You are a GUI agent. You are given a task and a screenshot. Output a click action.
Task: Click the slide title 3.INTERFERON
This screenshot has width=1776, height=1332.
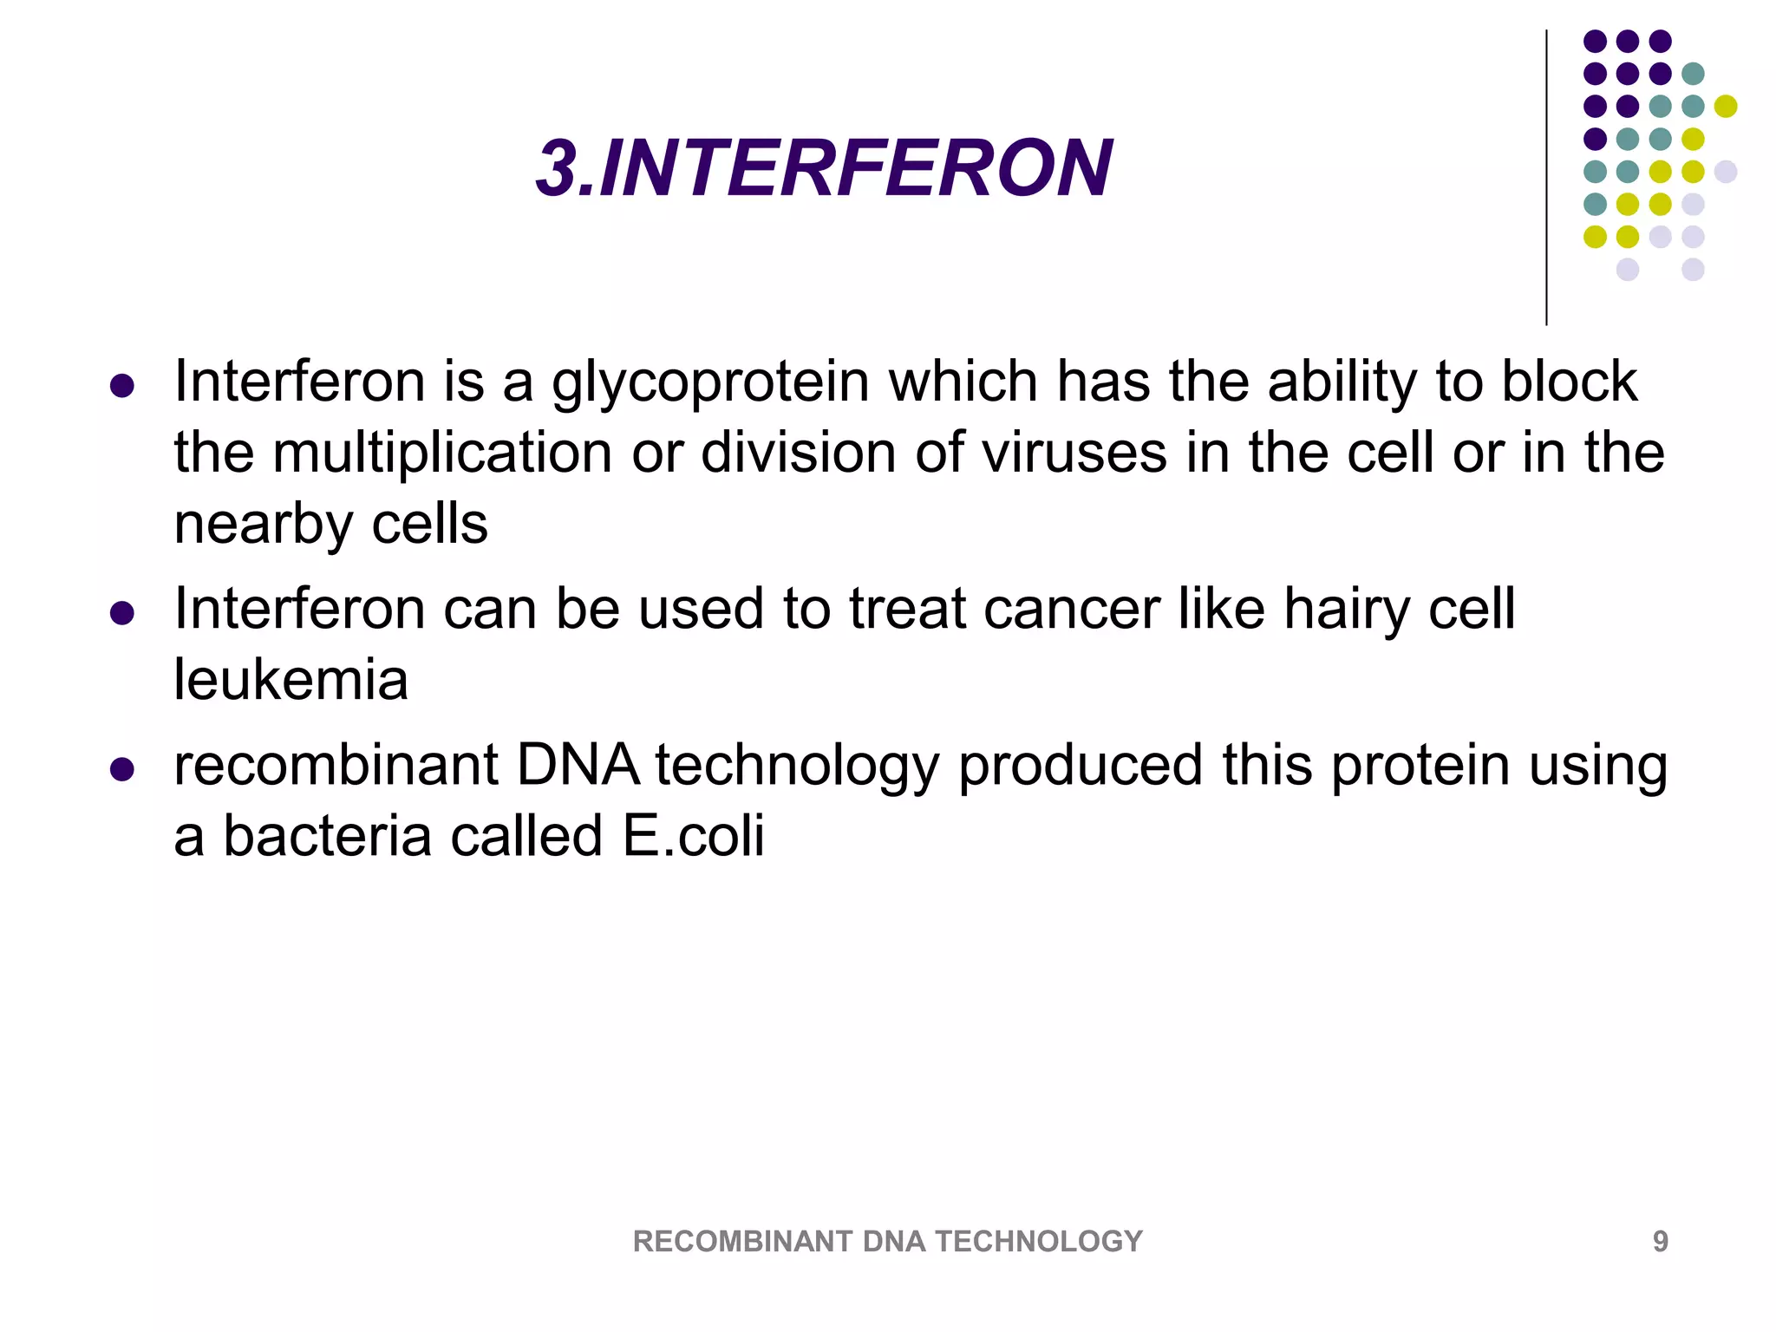click(x=824, y=168)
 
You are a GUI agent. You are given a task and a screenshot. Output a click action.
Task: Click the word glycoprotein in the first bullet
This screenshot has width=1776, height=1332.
click(x=710, y=382)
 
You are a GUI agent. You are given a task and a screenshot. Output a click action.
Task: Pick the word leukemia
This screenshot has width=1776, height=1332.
click(x=291, y=680)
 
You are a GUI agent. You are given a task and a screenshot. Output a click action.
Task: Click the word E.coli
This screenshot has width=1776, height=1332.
click(x=694, y=836)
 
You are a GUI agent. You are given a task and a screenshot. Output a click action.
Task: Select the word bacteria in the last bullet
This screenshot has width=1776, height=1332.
click(x=327, y=836)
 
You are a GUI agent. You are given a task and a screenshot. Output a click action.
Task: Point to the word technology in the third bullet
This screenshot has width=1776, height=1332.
click(x=796, y=767)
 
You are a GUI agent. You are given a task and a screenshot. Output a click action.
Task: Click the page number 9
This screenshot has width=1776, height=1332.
click(x=1660, y=1242)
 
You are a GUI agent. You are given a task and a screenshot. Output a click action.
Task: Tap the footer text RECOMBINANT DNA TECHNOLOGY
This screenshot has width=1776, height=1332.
click(x=887, y=1242)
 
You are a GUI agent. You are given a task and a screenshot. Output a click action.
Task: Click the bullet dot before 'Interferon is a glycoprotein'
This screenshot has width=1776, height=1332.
click(x=122, y=386)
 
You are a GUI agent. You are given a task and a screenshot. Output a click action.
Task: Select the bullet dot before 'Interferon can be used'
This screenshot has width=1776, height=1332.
click(x=122, y=614)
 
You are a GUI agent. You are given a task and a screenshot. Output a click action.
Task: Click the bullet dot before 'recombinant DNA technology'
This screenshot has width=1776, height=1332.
click(x=122, y=770)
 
